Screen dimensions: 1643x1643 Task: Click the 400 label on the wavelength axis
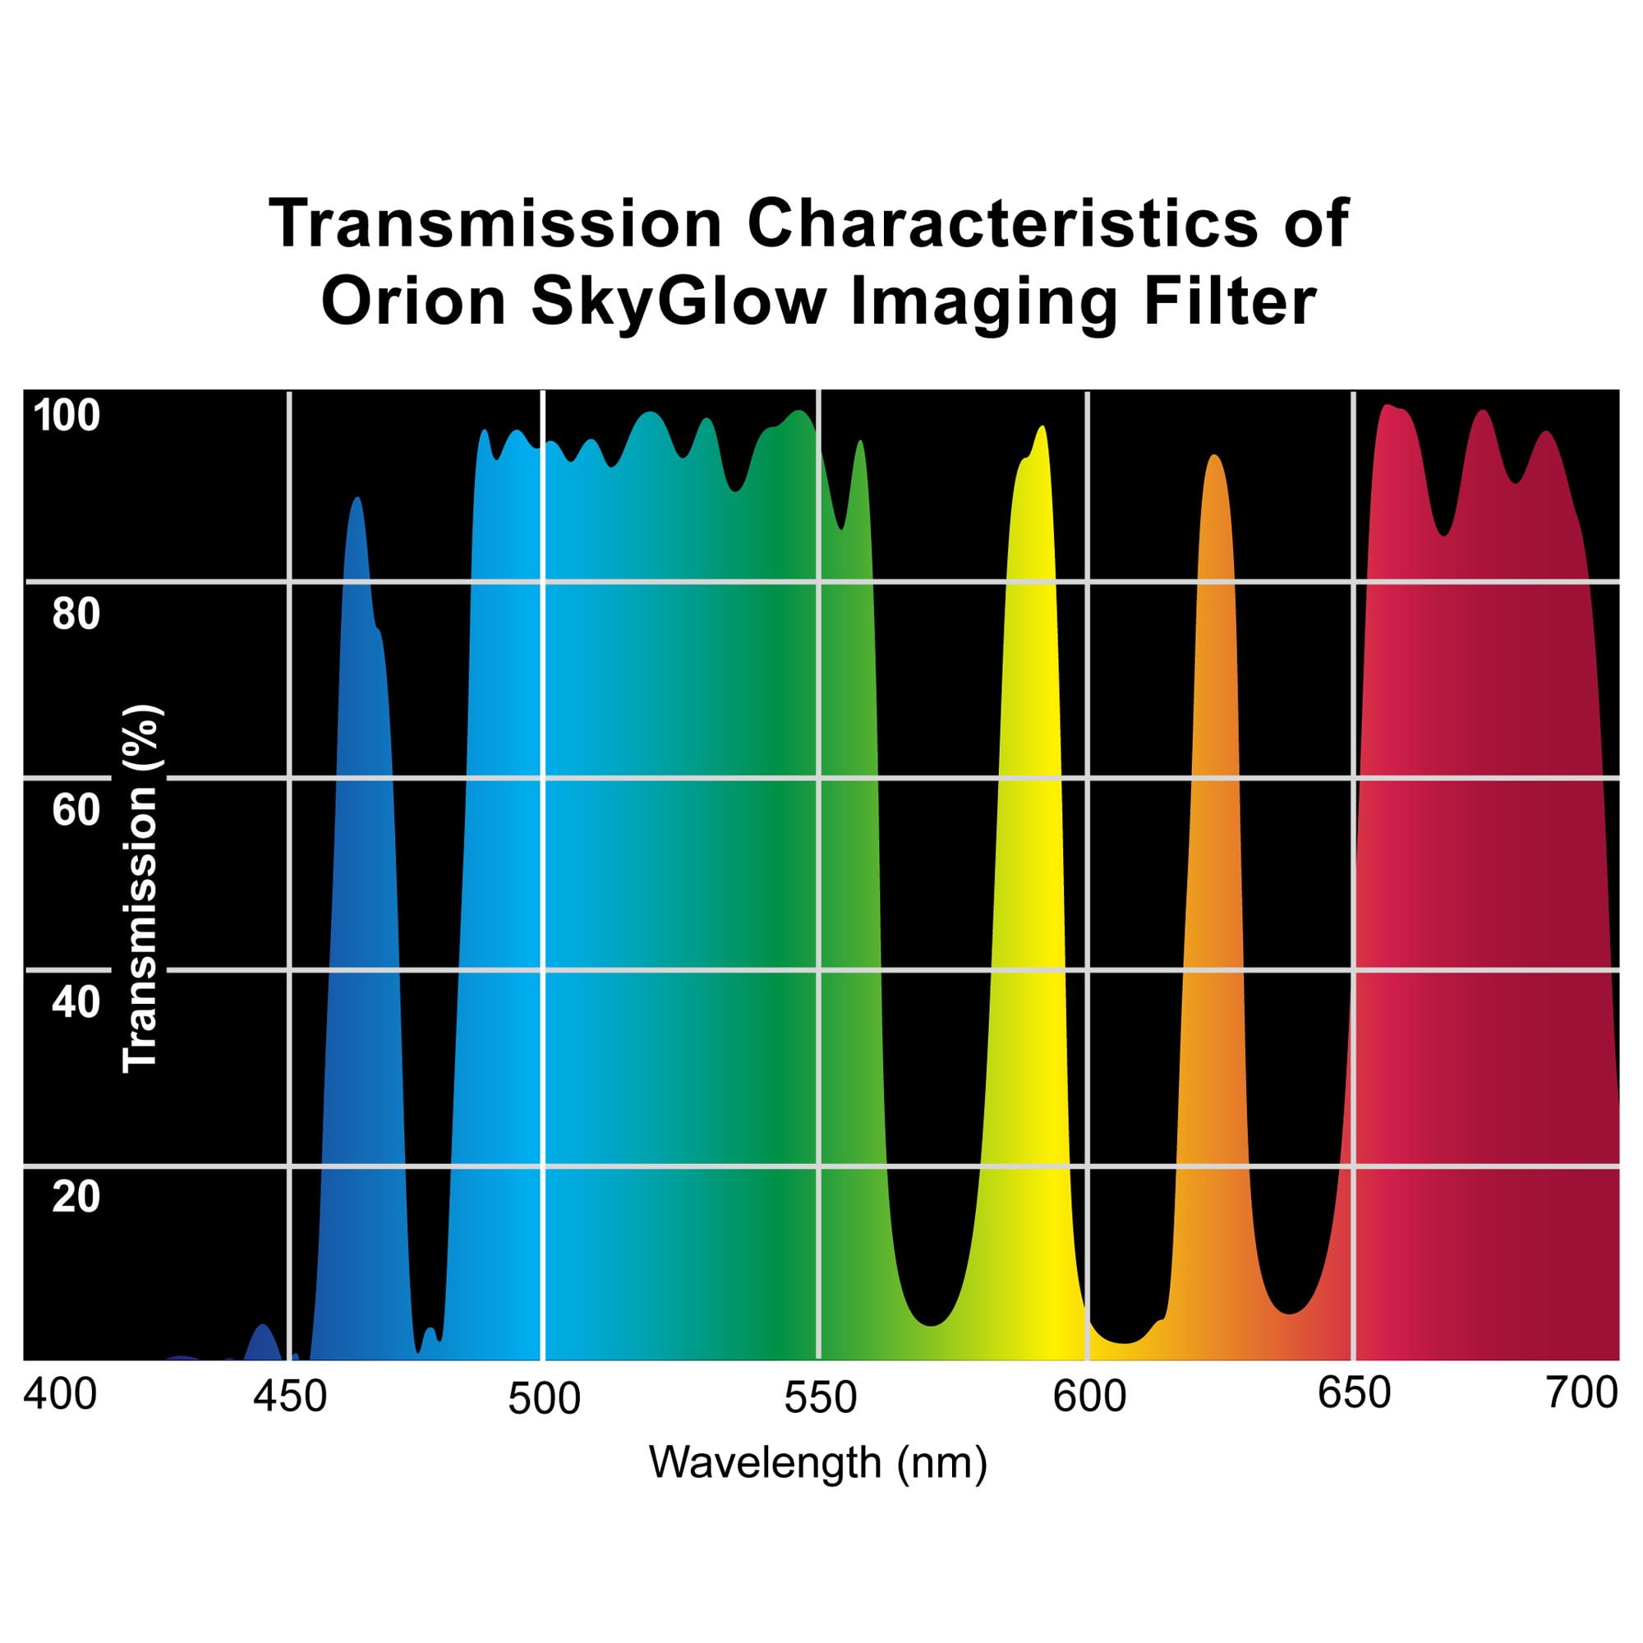point(59,1394)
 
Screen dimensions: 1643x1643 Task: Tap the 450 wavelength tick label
point(290,1397)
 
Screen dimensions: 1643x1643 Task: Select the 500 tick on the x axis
point(545,1399)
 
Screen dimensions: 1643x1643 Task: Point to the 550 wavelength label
point(820,1399)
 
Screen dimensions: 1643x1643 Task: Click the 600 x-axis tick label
point(1089,1397)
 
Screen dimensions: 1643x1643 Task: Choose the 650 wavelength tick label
point(1354,1394)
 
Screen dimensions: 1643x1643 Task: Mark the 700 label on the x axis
point(1581,1394)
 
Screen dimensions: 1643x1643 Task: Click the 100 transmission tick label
point(67,417)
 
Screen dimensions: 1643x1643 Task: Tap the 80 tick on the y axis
point(76,614)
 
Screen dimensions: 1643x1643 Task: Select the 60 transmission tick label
point(76,810)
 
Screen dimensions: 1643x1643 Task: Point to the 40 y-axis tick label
point(76,1002)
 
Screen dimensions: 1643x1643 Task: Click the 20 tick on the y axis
point(76,1197)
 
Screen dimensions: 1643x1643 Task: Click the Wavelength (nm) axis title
point(818,1464)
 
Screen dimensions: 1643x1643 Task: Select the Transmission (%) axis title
point(140,889)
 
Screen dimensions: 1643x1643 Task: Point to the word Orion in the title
point(414,301)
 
